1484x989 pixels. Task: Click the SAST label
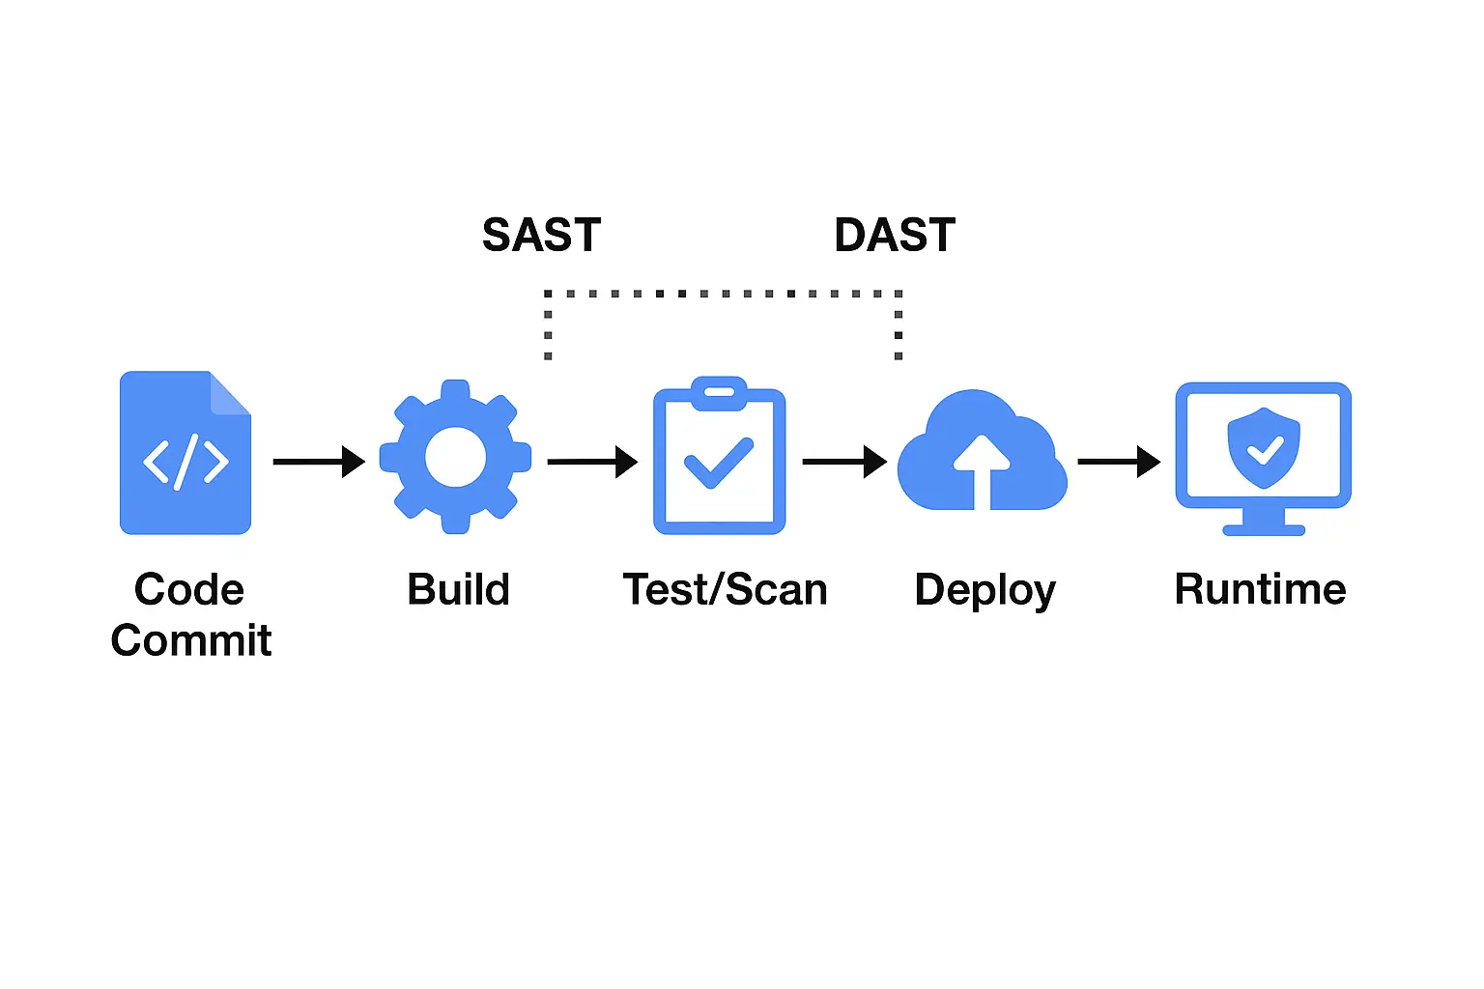[541, 236]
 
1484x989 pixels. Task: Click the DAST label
[895, 236]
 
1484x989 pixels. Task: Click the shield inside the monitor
[1263, 447]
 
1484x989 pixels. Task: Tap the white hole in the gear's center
[455, 457]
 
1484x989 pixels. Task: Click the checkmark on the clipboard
[718, 463]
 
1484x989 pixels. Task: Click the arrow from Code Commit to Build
[318, 462]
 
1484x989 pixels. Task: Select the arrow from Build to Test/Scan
[591, 462]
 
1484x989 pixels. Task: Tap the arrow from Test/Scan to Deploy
[843, 462]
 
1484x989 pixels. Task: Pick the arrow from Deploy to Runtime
[1118, 462]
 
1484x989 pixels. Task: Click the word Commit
[191, 640]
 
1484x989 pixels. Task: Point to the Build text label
[458, 589]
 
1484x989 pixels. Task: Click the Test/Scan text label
[725, 589]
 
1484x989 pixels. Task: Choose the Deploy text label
[985, 590]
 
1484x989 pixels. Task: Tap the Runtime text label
[1260, 589]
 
